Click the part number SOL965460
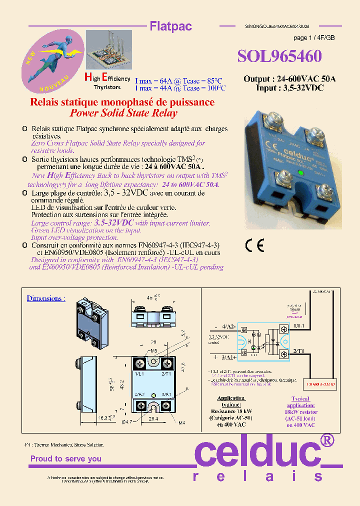279,55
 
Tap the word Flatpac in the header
171,26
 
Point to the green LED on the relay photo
300,173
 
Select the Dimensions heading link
46,298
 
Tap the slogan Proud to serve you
66,458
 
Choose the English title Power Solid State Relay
123,113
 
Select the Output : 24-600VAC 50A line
289,79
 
